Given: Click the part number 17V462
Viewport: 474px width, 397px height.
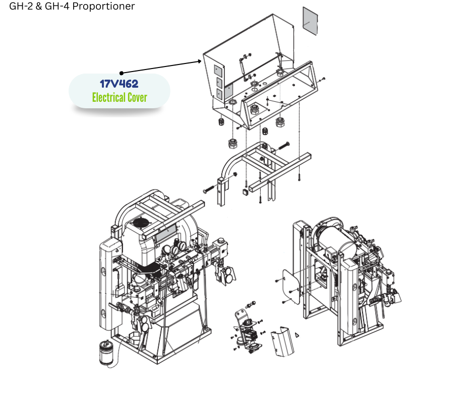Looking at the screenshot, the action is click(x=119, y=84).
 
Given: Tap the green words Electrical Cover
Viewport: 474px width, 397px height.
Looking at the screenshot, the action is click(x=120, y=97).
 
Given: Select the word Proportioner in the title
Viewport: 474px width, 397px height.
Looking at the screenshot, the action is click(x=103, y=6).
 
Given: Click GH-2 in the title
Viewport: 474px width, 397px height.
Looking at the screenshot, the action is click(x=21, y=6).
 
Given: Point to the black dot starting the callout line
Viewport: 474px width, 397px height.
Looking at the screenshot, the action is click(x=122, y=73).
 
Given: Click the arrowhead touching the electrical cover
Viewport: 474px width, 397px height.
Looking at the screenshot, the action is click(x=199, y=61).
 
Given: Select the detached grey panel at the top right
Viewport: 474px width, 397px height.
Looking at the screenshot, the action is click(x=311, y=21).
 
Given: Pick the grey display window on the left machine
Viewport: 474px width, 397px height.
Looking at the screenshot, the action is click(x=166, y=233).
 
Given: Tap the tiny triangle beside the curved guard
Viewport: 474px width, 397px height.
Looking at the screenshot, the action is click(x=297, y=335).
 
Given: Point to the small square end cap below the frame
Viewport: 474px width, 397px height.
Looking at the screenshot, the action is click(x=245, y=192).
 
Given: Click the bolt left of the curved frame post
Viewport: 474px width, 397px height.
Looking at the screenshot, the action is click(x=209, y=189).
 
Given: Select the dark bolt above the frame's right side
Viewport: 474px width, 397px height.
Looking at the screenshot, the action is click(x=283, y=146).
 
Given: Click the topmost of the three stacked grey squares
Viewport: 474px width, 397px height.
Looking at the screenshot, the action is click(x=218, y=71).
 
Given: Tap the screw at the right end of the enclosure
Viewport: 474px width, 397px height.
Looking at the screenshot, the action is click(x=323, y=80).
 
